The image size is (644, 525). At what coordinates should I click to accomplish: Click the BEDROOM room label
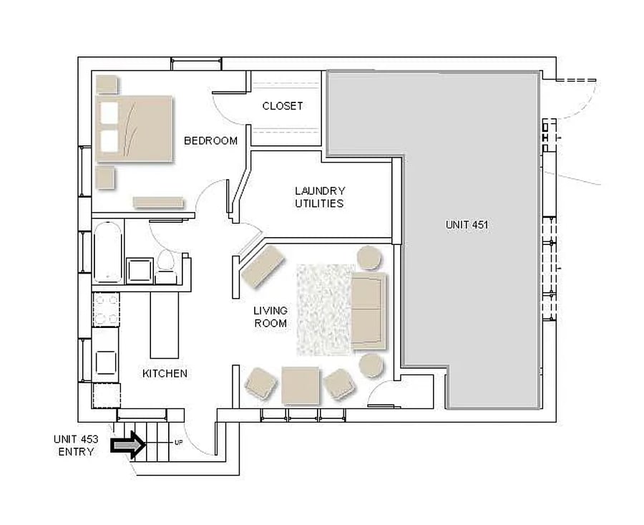click(x=210, y=140)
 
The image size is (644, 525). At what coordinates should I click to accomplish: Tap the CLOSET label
click(x=283, y=106)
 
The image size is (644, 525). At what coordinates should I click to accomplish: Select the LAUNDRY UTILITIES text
click(x=320, y=197)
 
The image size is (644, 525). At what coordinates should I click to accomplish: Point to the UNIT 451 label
click(x=467, y=224)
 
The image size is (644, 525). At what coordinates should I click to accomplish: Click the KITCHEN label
click(x=165, y=373)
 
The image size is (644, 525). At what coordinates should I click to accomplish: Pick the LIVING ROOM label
click(x=270, y=317)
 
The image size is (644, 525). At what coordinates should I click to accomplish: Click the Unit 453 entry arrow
click(x=128, y=445)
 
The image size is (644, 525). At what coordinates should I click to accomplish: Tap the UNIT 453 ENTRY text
click(x=76, y=445)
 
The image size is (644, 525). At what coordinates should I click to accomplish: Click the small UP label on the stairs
click(x=179, y=443)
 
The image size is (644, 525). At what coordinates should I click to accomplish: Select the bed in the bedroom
click(x=134, y=129)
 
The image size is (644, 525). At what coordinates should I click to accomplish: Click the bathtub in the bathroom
click(x=107, y=252)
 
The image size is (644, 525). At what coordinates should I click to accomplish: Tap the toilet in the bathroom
click(x=166, y=266)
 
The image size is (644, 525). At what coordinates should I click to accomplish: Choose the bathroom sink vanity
click(x=140, y=271)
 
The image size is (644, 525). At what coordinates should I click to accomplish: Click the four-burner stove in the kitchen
click(x=106, y=309)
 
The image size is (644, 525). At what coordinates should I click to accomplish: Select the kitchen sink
click(x=106, y=362)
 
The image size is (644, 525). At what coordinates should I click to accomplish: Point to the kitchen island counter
click(x=165, y=324)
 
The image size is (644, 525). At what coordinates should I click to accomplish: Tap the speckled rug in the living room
click(x=324, y=309)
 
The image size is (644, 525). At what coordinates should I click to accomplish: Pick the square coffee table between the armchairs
click(x=301, y=386)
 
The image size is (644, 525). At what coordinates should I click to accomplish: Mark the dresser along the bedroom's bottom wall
click(x=158, y=202)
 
